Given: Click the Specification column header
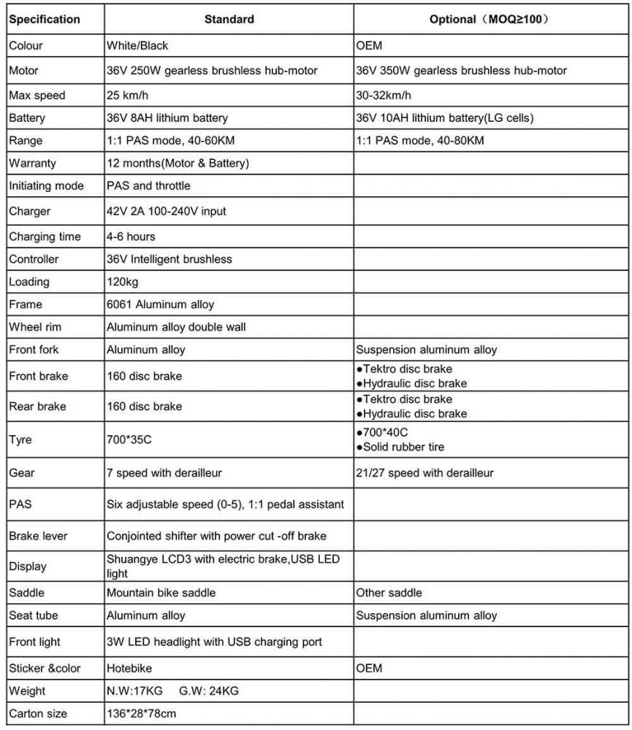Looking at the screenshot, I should [x=45, y=19].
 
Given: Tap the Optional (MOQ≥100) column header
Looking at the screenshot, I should [x=489, y=19].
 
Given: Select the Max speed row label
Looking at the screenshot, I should [x=37, y=95].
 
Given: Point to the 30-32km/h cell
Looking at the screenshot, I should [x=384, y=95].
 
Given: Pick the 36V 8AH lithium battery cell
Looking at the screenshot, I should [x=167, y=118].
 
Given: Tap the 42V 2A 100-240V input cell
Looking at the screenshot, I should [x=167, y=212].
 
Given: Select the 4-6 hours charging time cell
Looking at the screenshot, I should [x=131, y=237].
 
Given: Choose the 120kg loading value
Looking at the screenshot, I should [x=123, y=282].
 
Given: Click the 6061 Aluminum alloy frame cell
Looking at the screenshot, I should [x=161, y=304].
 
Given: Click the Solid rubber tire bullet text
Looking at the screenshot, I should [x=403, y=447].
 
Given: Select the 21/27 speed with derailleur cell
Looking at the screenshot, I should [x=424, y=473].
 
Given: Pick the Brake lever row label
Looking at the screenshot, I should [x=38, y=536].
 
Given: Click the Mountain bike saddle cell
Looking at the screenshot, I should [x=161, y=593].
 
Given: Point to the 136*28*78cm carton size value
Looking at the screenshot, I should [x=142, y=713].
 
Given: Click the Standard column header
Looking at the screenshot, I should [x=229, y=19].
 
